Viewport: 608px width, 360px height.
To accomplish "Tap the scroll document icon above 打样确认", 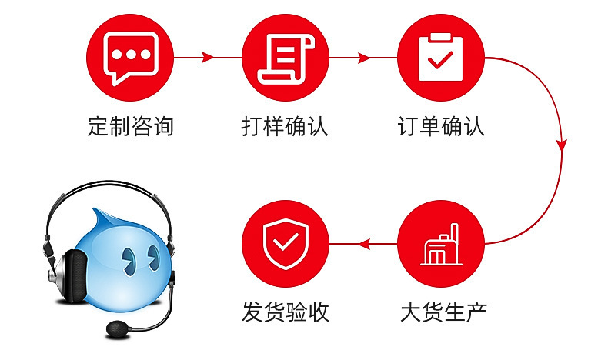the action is coord(285,58).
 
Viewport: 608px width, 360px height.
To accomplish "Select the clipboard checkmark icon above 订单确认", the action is coord(441,58).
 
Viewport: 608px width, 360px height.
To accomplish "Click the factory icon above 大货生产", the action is coord(441,245).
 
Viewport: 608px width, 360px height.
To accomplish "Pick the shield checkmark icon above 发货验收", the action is coord(285,245).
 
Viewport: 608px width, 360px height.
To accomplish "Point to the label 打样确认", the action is coord(285,126).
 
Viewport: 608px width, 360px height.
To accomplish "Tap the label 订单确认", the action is coord(441,126).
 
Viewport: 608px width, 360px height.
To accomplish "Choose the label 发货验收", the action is coord(286,312).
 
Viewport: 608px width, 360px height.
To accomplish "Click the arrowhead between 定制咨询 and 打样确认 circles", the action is coord(207,58).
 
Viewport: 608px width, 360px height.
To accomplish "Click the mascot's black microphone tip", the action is coord(118,328).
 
